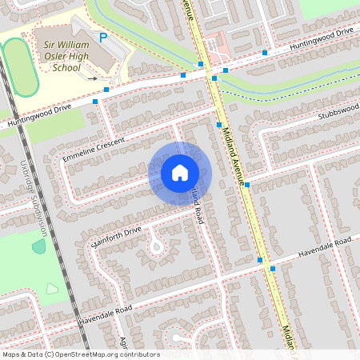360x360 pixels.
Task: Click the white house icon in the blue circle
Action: (180, 173)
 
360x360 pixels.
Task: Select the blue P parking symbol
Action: (103, 38)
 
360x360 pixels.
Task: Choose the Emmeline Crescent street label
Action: (94, 147)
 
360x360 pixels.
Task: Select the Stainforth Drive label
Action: (116, 237)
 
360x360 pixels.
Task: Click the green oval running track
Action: (18, 67)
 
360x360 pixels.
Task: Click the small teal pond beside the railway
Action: (38, 246)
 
